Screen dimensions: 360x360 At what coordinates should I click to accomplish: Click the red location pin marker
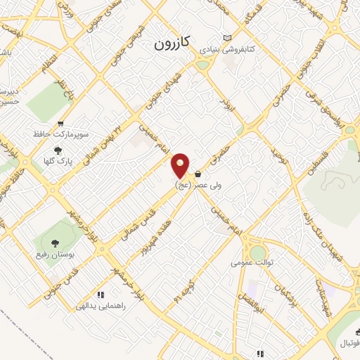pos(181,166)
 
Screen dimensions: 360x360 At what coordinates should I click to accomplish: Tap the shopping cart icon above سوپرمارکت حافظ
pos(61,122)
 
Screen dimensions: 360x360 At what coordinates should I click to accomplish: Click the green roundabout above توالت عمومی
pos(258,251)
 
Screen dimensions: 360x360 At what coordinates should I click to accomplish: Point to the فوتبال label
pos(348,342)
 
